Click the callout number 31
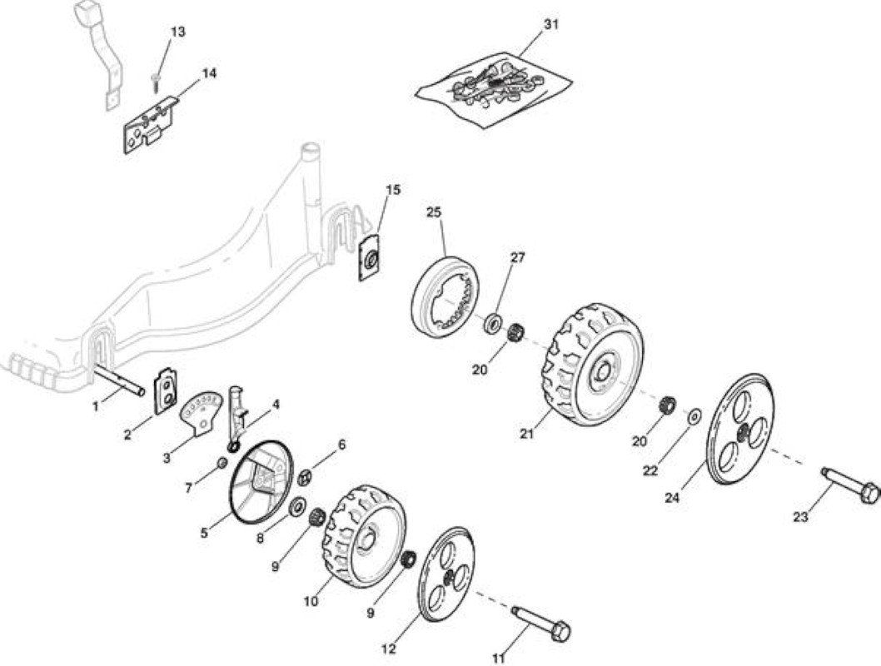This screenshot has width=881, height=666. pos(552,25)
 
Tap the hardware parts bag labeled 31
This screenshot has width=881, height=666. pos(494,88)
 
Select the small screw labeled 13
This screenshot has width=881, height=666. pos(155,82)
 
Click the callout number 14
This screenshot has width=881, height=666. pos(209,73)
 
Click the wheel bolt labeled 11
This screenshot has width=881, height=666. pos(541,623)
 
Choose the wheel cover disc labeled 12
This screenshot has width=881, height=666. pos(446,574)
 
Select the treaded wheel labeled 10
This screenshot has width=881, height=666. pos(364,536)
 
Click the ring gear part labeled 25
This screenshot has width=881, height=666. pos(446,297)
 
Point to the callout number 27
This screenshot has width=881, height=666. pos(517,257)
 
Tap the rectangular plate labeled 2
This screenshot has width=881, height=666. pos(166,390)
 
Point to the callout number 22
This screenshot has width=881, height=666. pos(650,470)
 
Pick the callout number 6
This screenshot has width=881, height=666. pos(341,445)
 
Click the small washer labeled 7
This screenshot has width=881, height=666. pos(222,463)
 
